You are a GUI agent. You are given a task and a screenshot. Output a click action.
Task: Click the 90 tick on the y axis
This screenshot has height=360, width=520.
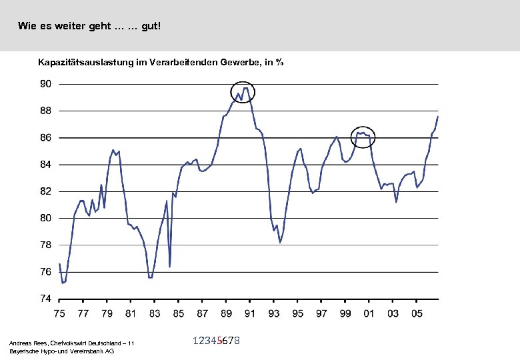pyautogui.click(x=45, y=84)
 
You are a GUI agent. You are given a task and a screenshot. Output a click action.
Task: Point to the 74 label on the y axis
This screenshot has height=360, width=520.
pyautogui.click(x=45, y=299)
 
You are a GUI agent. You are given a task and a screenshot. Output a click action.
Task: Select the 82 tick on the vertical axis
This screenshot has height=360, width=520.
pyautogui.click(x=45, y=191)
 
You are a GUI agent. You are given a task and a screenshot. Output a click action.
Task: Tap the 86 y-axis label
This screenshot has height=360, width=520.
pyautogui.click(x=45, y=138)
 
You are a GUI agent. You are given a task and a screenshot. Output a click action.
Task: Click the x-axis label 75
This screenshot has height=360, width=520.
pyautogui.click(x=59, y=313)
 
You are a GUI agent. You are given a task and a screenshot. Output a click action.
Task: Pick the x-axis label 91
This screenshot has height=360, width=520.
pyautogui.click(x=250, y=313)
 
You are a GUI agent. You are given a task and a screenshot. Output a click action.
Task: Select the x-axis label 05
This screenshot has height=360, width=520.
pyautogui.click(x=417, y=313)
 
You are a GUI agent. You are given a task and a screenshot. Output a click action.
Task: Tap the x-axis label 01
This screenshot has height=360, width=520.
pyautogui.click(x=369, y=313)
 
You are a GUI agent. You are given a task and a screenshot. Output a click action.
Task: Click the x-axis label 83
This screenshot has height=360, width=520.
pyautogui.click(x=155, y=313)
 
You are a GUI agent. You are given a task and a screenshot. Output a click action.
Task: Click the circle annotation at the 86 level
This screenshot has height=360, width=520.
pyautogui.click(x=363, y=137)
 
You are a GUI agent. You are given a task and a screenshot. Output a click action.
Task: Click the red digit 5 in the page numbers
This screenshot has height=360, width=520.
pyautogui.click(x=219, y=341)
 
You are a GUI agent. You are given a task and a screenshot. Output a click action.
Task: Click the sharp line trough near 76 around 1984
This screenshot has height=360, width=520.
pyautogui.click(x=170, y=267)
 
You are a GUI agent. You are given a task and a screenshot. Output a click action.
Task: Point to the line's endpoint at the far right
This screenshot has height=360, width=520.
pyautogui.click(x=438, y=117)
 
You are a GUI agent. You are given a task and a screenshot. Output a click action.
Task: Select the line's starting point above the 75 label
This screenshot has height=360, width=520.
pyautogui.click(x=59, y=264)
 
